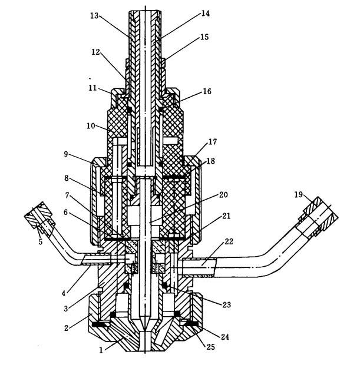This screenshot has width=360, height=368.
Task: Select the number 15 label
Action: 204,38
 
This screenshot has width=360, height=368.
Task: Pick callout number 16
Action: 206,92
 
